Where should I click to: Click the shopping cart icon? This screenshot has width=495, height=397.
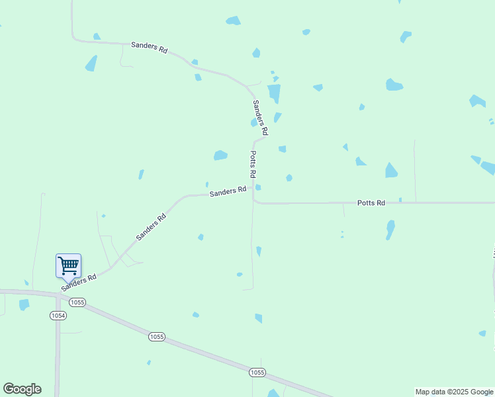(68, 266)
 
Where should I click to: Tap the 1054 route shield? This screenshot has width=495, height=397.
(58, 316)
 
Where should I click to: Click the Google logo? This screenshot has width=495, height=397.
(22, 389)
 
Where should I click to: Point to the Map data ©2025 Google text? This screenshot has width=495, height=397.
(454, 392)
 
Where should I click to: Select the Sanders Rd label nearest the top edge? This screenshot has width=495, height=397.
(149, 47)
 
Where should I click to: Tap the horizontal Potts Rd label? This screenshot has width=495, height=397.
(371, 202)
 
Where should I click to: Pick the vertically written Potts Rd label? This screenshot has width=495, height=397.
(253, 163)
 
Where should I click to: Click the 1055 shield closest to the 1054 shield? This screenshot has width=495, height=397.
(77, 302)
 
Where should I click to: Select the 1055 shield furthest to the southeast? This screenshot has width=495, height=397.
(257, 373)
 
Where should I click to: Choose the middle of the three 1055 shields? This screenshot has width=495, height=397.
(156, 337)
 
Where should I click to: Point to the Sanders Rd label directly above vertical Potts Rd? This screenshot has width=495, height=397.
(259, 117)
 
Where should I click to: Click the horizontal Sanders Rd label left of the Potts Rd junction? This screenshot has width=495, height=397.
(228, 191)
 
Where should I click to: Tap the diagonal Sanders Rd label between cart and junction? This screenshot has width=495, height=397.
(151, 226)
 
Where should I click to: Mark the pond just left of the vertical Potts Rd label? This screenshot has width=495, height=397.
(220, 155)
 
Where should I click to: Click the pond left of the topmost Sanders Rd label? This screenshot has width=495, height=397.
(91, 64)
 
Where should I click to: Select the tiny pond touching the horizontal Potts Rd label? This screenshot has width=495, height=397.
(400, 199)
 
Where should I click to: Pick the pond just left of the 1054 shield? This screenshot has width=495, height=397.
(24, 304)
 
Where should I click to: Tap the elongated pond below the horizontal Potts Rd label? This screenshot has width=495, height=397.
(390, 229)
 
